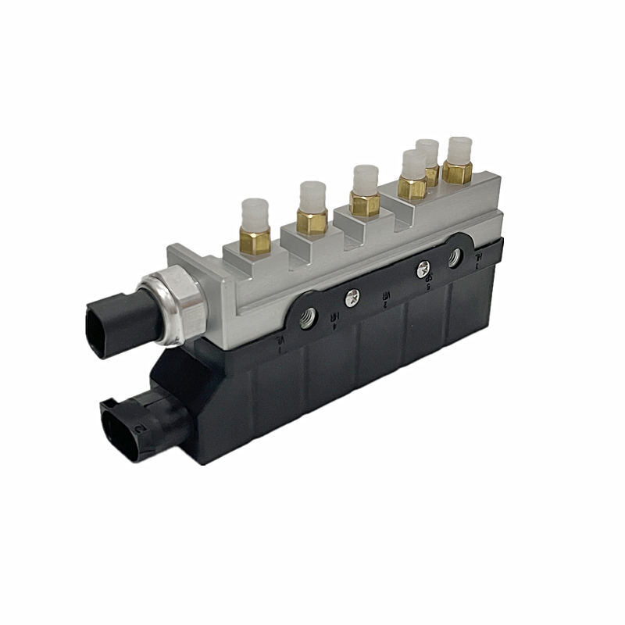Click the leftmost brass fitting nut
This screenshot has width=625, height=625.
tap(255, 241)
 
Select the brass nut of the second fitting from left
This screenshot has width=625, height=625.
tap(312, 222)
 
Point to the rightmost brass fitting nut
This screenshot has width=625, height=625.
tap(456, 171)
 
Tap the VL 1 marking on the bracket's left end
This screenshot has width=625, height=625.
tap(280, 342)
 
